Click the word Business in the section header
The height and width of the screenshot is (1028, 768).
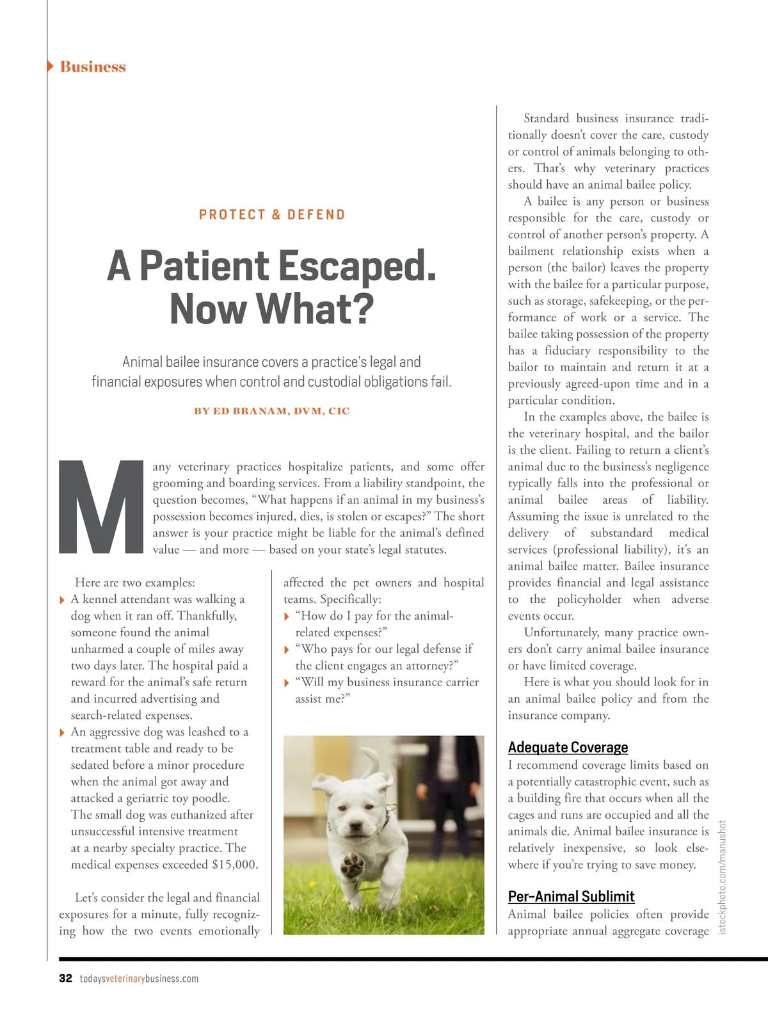tap(93, 67)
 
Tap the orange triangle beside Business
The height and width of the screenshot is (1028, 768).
tap(51, 66)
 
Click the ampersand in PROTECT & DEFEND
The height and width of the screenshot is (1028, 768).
tap(276, 214)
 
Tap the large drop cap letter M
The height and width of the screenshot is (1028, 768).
tap(102, 507)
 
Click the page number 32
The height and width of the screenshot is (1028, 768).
tap(65, 978)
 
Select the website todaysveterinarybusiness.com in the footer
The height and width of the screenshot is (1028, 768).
tap(139, 978)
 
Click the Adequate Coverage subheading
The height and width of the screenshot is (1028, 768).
tap(568, 747)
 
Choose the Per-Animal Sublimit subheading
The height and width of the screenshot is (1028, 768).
tap(571, 896)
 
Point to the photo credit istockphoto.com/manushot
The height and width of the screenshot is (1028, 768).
tap(723, 877)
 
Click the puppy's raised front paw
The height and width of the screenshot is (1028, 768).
tap(352, 865)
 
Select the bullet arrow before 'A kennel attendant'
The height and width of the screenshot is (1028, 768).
tap(62, 600)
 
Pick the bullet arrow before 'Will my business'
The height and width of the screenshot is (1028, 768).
tap(287, 683)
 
